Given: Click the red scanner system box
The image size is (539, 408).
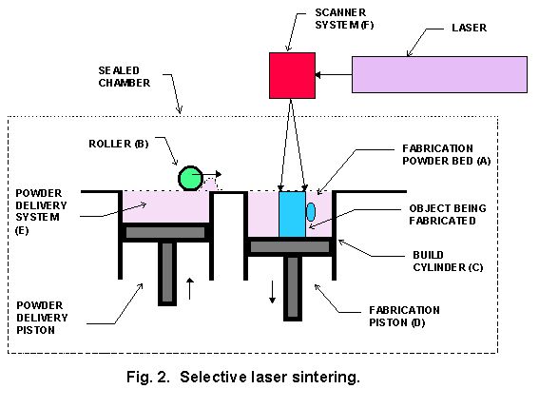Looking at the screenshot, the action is [292, 76].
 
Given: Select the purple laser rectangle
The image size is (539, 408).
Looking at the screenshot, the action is [439, 74].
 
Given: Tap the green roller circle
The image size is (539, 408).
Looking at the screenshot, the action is [190, 178].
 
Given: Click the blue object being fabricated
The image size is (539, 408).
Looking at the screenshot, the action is [292, 214].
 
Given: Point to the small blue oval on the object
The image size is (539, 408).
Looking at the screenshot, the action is [311, 212].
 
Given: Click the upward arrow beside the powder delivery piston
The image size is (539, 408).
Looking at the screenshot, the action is [190, 288].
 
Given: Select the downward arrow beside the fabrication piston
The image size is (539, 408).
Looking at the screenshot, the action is [272, 292].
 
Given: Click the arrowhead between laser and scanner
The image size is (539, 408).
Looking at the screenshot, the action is [318, 74].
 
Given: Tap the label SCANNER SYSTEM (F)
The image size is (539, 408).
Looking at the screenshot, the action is [344, 19].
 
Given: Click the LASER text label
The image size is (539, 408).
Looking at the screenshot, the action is [470, 28].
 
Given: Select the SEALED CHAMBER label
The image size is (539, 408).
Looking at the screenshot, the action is [125, 77].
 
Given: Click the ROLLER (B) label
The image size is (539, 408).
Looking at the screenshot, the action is [119, 144].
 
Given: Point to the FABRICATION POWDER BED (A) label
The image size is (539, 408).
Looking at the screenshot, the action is [447, 154].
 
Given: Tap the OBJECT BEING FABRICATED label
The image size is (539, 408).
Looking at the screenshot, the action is [448, 214].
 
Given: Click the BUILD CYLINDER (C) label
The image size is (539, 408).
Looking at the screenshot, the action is [448, 262].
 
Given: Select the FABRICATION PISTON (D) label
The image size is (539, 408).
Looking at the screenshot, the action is [404, 316].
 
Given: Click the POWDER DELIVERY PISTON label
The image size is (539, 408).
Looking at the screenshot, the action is [42, 318].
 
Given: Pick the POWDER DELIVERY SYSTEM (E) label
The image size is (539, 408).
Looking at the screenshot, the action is [41, 211].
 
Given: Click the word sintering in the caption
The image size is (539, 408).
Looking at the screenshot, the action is [326, 378].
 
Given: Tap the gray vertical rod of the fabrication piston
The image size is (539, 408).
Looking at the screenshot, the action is [293, 288].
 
